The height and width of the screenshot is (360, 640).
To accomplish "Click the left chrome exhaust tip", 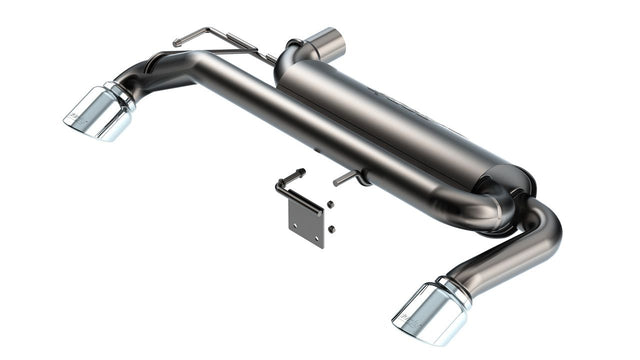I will pos(98,113).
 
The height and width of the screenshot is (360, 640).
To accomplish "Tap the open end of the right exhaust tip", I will pos(410,317).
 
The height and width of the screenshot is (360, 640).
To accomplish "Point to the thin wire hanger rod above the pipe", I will pos(215,40).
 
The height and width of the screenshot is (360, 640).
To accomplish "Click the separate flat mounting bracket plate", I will pos(306,217).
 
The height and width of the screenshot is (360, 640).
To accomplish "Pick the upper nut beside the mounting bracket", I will pos(330,206).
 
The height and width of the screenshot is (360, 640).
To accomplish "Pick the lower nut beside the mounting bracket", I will pos(331,229).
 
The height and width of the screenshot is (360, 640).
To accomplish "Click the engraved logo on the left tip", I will pos(77,121).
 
